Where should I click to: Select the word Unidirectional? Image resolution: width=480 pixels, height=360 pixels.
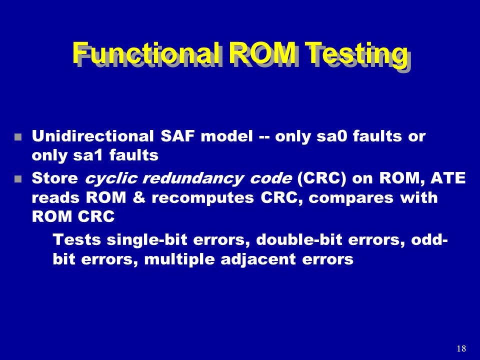point(93,136)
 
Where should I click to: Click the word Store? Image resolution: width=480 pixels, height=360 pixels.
point(55,178)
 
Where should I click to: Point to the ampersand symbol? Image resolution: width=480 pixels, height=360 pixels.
point(139,198)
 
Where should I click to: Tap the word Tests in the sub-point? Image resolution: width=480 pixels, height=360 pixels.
point(77,239)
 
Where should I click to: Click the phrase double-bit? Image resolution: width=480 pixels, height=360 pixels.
point(299,239)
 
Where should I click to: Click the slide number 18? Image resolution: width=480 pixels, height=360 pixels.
point(461,348)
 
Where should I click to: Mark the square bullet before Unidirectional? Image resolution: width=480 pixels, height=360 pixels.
point(18,136)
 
